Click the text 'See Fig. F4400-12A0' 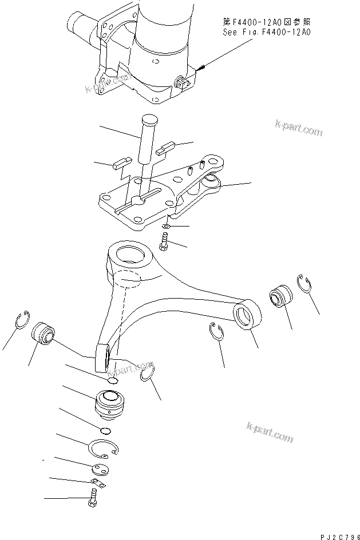(x=266, y=33)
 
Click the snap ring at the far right (x=306, y=284)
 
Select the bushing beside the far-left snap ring (x=43, y=333)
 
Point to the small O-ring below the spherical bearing (x=104, y=431)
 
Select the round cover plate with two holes (x=100, y=470)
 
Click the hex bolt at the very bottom (x=93, y=502)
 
